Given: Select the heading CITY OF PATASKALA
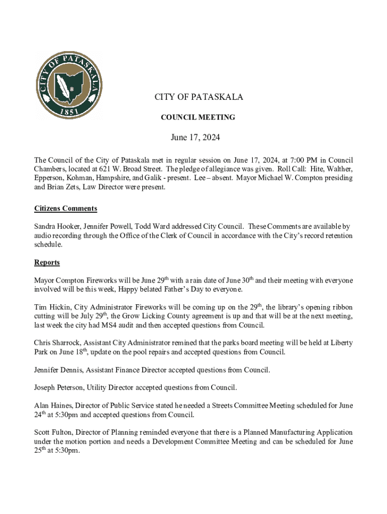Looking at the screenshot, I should pyautogui.click(x=199, y=97).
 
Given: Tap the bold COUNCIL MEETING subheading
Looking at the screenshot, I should pyautogui.click(x=198, y=117).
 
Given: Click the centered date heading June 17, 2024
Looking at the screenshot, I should pyautogui.click(x=196, y=137).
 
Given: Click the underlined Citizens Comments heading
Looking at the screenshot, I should pyautogui.click(x=65, y=208).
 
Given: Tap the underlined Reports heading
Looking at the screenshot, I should pyautogui.click(x=47, y=263).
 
